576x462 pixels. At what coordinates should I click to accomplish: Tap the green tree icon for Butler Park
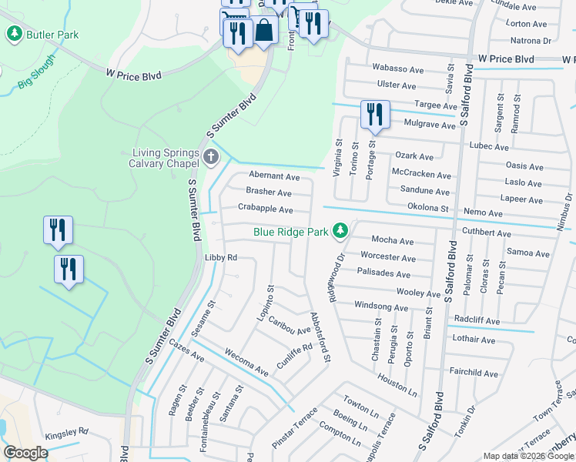pos(14,34)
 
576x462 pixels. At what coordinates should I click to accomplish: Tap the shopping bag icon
pos(264,31)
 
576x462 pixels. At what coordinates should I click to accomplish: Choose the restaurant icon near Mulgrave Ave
pos(375,114)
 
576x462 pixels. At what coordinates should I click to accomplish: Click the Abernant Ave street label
pos(274,176)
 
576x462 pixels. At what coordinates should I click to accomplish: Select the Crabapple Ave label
pos(265,209)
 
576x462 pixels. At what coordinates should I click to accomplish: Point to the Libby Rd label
pos(220,257)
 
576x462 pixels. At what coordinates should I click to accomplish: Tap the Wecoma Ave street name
pos(246,362)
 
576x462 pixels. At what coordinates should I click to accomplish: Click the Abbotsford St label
pos(320,337)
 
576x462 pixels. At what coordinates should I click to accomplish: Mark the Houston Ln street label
pos(397,384)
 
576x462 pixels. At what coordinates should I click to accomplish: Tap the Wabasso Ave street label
pos(398,69)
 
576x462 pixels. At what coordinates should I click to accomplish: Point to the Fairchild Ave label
pos(474,373)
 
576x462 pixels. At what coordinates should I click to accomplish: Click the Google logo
pos(26,453)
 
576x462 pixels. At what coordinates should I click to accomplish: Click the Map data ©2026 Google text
pos(527,456)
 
